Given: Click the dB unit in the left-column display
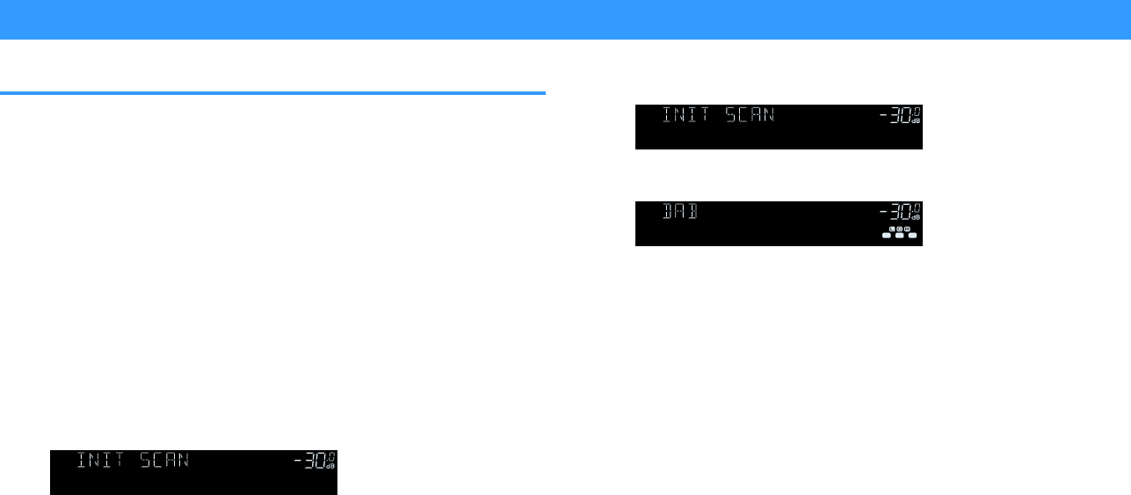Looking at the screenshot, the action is (x=330, y=467).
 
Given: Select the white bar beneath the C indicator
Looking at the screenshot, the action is (x=901, y=236).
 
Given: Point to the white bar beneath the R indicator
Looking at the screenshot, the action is (x=912, y=236).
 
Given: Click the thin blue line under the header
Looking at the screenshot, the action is (x=272, y=92).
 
